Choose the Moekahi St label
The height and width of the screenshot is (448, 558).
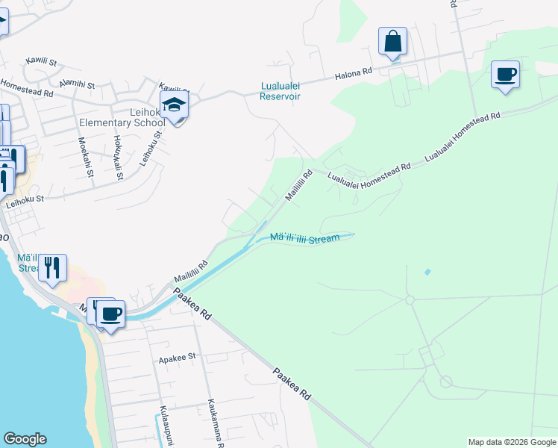click(x=83, y=157)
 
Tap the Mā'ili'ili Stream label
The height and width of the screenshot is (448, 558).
click(x=304, y=237)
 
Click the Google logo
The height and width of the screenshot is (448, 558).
click(x=25, y=439)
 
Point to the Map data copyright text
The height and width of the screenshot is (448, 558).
click(x=511, y=442)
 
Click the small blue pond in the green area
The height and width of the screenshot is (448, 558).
click(x=427, y=272)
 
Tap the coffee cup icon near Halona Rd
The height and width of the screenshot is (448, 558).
click(x=505, y=75)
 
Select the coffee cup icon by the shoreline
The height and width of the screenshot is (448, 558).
click(x=110, y=314)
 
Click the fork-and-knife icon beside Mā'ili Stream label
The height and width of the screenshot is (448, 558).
click(x=52, y=267)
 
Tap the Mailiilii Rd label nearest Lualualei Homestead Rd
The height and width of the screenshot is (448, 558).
click(x=298, y=186)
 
